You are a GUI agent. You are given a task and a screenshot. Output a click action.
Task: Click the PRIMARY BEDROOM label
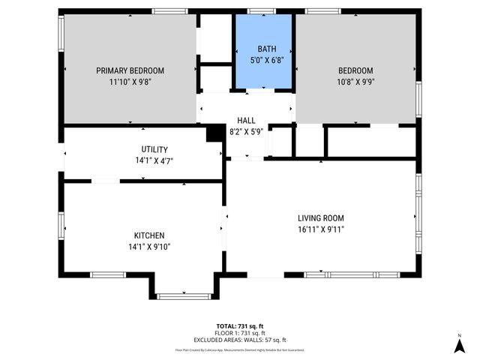130,70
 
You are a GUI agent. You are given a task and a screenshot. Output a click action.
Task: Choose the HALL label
246,120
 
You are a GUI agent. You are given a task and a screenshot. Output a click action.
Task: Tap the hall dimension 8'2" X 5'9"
246,131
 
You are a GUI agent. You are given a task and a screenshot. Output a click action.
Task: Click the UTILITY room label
154,149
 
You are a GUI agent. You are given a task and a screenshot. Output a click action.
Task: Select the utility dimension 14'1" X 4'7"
154,160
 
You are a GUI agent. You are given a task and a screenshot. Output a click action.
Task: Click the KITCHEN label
149,235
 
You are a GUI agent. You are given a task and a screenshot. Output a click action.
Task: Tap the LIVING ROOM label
321,218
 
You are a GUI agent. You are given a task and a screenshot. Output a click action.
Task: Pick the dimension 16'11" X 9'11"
321,229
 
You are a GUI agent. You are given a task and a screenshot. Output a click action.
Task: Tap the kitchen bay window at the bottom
184,296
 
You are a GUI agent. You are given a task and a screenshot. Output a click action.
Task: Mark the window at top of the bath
260,11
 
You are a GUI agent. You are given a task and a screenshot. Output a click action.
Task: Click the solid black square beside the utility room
215,133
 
